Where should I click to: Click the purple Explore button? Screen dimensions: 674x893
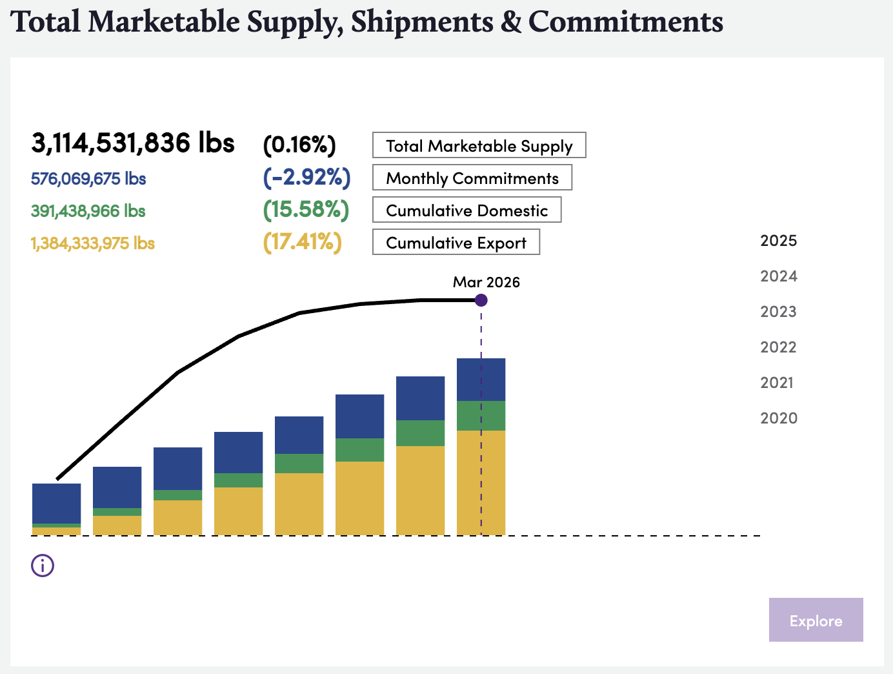816,620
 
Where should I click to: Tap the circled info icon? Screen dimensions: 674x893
43,566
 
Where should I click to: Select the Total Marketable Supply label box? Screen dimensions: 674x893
479,145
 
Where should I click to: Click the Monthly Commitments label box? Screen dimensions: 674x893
472,178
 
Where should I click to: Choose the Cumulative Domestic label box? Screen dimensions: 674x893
467,210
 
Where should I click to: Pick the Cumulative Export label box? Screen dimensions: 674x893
456,242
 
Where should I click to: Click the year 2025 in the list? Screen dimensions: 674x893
778,241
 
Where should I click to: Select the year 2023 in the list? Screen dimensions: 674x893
778,312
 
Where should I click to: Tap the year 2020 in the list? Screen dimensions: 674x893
778,418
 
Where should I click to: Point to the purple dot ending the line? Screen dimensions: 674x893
481,300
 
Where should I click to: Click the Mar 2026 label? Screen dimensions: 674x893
486,282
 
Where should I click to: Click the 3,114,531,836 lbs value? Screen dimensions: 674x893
132,143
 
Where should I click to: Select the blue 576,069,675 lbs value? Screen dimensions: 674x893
88,179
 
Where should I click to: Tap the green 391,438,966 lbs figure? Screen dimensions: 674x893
88,211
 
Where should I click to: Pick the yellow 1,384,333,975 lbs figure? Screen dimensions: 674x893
92,243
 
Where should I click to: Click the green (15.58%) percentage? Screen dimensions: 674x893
306,210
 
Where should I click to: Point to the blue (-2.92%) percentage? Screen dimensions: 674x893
306,178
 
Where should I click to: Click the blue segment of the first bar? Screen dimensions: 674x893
56,503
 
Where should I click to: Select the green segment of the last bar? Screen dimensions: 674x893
481,416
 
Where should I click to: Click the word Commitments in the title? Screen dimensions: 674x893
625,21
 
